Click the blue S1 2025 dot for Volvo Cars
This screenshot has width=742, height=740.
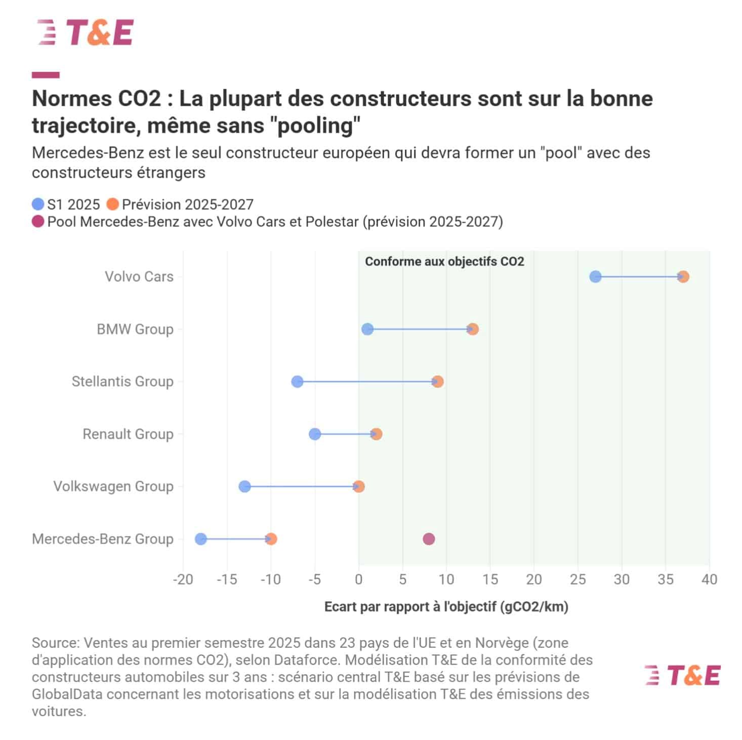point(595,276)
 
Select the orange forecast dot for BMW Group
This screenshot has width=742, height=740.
point(473,329)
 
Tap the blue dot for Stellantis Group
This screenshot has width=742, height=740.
point(297,382)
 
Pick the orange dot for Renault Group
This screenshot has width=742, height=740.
point(376,434)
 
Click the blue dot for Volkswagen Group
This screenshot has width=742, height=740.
point(244,486)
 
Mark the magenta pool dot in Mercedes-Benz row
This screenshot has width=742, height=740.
point(429,539)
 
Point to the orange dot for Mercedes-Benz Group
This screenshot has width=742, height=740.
point(271,539)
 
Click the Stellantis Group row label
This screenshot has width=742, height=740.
point(122,382)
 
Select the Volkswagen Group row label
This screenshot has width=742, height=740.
point(113,486)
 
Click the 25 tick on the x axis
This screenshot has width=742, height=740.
point(578,580)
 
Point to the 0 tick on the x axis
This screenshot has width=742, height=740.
point(358,580)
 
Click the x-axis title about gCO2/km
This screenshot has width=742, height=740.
point(446,606)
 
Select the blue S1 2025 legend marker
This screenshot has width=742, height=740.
point(38,204)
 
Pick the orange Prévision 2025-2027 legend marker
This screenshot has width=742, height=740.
point(112,204)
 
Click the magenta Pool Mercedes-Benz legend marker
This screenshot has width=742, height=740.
point(38,222)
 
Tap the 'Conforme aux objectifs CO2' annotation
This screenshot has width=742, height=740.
point(444,262)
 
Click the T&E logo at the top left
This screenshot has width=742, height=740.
point(86,32)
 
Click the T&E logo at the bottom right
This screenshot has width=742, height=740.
point(682,676)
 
